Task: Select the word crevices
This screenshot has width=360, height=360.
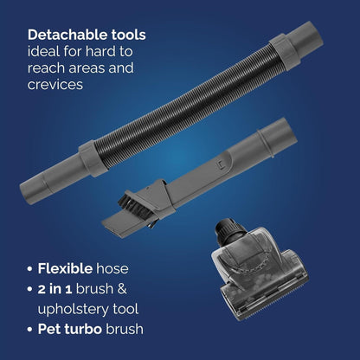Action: (x=55, y=84)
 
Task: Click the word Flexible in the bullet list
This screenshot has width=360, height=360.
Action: (x=65, y=268)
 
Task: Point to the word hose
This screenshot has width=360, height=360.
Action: (x=112, y=268)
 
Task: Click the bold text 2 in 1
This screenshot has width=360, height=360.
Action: (x=55, y=289)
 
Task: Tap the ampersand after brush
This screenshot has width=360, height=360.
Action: (x=122, y=289)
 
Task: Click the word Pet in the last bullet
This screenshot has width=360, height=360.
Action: (x=48, y=329)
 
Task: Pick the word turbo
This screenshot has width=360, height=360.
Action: (x=83, y=329)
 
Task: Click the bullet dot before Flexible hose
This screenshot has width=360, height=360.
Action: (x=29, y=269)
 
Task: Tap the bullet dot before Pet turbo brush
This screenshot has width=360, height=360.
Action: (x=29, y=330)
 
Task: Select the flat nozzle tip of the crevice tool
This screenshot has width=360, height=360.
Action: (x=115, y=221)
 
